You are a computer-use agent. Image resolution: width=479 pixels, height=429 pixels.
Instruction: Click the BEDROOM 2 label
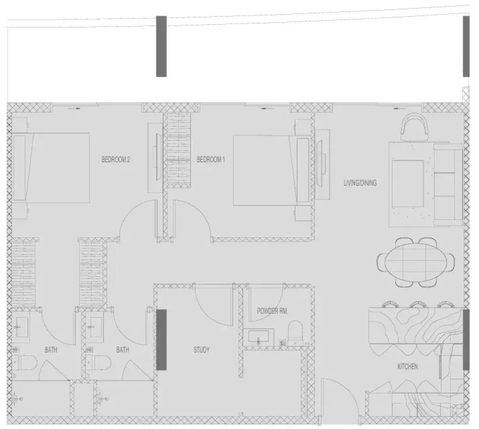116,160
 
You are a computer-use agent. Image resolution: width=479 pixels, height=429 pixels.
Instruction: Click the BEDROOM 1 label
210,160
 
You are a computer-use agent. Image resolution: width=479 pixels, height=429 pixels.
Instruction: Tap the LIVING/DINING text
360,183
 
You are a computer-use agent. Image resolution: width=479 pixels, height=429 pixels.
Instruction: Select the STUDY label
201,350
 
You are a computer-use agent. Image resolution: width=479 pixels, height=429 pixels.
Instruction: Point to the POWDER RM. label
272,311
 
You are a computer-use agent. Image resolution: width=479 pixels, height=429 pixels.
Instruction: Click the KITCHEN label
407,367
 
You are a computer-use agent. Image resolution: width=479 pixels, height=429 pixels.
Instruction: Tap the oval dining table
415,262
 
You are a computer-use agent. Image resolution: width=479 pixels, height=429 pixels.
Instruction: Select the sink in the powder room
258,337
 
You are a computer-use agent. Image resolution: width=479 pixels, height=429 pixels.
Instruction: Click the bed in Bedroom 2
51,168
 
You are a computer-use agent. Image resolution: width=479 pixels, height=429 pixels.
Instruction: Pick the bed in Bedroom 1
272,170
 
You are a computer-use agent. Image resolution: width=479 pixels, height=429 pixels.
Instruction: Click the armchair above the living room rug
414,127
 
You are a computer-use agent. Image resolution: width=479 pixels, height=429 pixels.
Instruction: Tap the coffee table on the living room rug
408,184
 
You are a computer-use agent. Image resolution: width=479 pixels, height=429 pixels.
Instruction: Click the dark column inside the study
161,340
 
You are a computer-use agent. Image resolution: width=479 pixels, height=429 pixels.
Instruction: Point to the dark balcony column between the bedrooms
161,46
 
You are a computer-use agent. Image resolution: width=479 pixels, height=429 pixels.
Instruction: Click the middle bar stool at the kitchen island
418,305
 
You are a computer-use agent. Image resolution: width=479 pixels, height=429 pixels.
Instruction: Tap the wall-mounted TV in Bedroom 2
158,157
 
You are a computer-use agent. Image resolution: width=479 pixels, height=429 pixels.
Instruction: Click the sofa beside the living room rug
448,184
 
